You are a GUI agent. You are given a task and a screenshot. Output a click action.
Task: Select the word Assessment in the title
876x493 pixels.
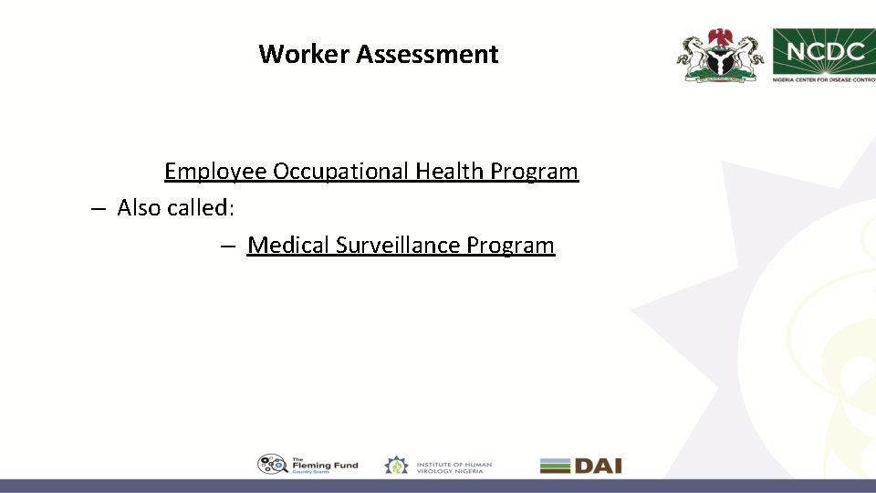tap(427, 54)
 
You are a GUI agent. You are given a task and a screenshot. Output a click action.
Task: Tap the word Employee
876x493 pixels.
tap(215, 172)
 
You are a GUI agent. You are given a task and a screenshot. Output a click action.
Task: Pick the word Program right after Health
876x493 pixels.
tap(534, 172)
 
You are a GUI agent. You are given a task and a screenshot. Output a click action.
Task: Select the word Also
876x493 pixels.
tap(140, 208)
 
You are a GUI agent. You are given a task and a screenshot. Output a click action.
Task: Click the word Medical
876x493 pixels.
tap(287, 246)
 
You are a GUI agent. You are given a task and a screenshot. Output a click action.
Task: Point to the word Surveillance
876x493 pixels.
tap(397, 246)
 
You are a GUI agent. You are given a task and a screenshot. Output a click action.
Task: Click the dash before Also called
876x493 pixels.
tap(99, 208)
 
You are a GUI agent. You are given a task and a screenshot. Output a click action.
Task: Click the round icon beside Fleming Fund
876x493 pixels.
tap(272, 465)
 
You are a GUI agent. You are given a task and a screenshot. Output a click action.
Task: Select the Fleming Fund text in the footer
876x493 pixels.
tap(325, 465)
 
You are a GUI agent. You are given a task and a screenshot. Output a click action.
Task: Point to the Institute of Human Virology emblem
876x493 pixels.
tap(397, 465)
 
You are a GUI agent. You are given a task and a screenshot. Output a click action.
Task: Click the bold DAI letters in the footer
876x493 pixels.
tap(598, 466)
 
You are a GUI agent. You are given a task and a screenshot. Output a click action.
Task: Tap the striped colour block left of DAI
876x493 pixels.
tap(555, 466)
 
